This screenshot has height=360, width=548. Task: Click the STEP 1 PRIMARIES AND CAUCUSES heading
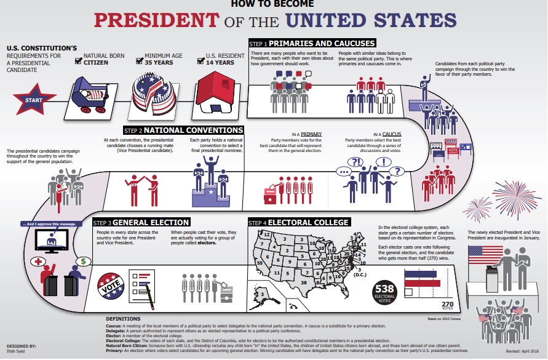tap(311, 44)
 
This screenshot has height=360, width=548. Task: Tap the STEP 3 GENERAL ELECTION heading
tap(140, 222)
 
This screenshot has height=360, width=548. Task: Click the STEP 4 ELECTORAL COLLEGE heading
tap(298, 222)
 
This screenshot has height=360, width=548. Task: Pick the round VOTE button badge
tap(112, 284)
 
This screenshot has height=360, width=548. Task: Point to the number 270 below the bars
tap(448, 303)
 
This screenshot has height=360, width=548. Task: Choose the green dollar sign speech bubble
tap(82, 261)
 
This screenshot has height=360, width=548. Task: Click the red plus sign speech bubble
tap(42, 262)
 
